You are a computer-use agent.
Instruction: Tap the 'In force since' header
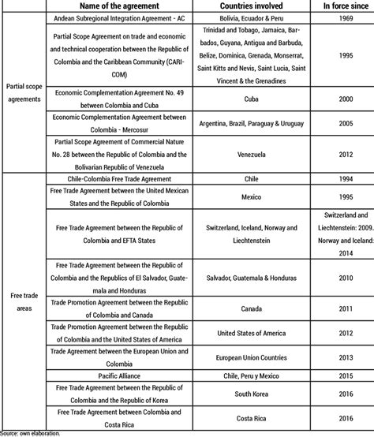[340, 6]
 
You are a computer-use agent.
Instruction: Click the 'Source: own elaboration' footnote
[30, 432]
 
